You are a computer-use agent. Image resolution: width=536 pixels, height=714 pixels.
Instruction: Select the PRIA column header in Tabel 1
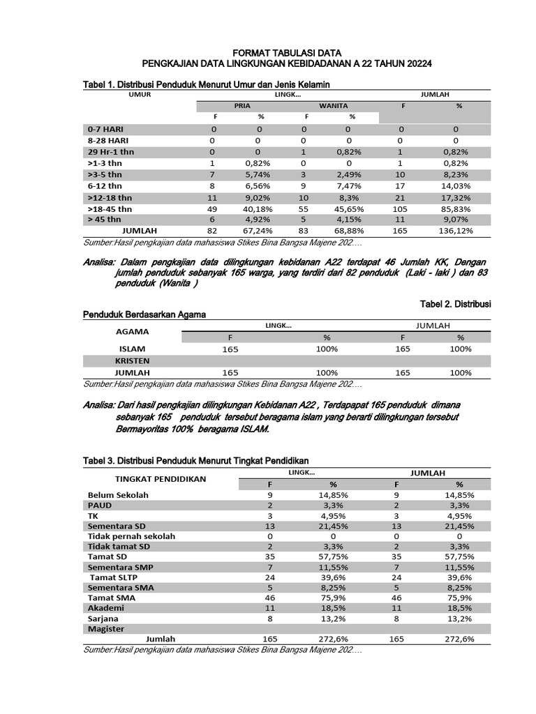[242, 105]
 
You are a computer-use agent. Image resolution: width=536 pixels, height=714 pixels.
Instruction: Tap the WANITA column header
[334, 105]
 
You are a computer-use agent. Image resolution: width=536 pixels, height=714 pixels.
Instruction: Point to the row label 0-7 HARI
[107, 129]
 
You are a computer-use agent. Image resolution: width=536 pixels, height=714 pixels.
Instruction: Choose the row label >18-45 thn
[110, 208]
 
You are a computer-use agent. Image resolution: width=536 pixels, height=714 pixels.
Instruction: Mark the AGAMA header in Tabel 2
[131, 332]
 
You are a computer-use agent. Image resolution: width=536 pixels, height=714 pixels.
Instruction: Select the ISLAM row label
[133, 349]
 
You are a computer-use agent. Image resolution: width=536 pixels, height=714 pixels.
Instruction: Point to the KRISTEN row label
[133, 360]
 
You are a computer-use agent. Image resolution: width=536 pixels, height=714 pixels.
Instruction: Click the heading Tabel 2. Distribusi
[456, 304]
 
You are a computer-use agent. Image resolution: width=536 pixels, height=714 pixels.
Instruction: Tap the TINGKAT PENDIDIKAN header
[161, 478]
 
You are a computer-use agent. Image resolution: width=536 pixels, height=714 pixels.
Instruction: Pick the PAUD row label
[99, 505]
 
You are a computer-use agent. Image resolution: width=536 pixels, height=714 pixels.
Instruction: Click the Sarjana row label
[103, 618]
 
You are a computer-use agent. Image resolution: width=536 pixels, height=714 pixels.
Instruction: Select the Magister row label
[106, 628]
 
